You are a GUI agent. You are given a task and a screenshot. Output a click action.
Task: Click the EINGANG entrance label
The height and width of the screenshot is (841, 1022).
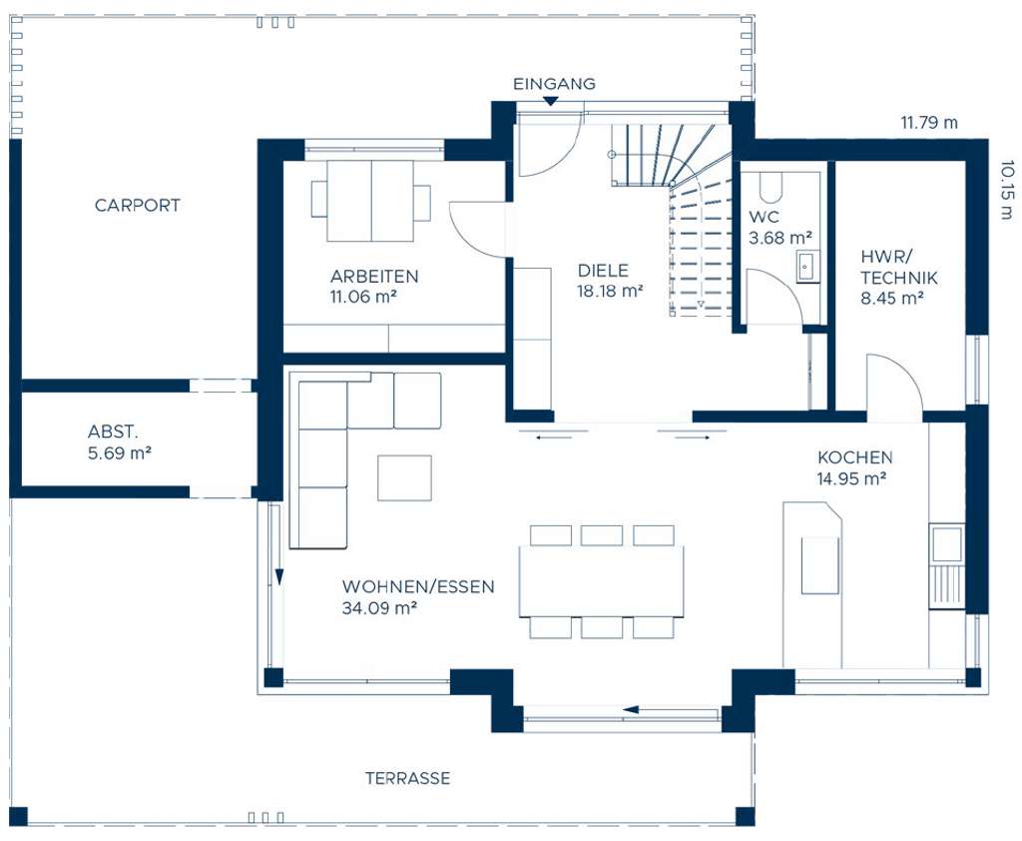(554, 84)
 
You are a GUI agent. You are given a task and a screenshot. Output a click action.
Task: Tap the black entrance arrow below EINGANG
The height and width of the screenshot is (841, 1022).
(551, 101)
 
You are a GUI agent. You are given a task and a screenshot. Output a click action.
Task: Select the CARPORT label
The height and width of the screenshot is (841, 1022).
(137, 205)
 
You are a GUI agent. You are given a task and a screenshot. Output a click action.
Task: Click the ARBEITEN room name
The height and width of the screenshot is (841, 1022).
(374, 276)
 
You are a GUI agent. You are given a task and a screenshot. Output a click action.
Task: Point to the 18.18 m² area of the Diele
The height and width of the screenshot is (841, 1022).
(610, 291)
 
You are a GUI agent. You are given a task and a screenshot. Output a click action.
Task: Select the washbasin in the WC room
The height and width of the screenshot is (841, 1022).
(806, 267)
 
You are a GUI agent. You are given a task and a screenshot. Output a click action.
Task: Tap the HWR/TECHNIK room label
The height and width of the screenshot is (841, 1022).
(899, 267)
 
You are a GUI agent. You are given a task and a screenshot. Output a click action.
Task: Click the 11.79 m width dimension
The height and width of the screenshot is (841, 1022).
(929, 122)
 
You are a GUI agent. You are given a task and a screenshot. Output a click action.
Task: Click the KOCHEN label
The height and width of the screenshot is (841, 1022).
(855, 457)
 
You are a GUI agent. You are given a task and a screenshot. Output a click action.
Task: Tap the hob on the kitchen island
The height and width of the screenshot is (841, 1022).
(820, 565)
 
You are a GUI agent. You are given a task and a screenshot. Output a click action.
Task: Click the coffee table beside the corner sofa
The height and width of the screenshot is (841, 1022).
(404, 478)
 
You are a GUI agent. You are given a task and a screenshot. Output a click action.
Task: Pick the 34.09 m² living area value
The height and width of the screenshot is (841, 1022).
(379, 608)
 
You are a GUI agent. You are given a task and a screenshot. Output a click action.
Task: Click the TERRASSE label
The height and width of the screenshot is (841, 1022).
(407, 778)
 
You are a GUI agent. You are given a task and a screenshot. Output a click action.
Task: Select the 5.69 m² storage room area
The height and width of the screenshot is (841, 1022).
(120, 452)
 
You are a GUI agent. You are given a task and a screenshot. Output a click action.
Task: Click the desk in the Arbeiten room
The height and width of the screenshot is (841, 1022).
(371, 201)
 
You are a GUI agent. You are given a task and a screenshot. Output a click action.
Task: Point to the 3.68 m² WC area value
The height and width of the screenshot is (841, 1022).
(780, 238)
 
